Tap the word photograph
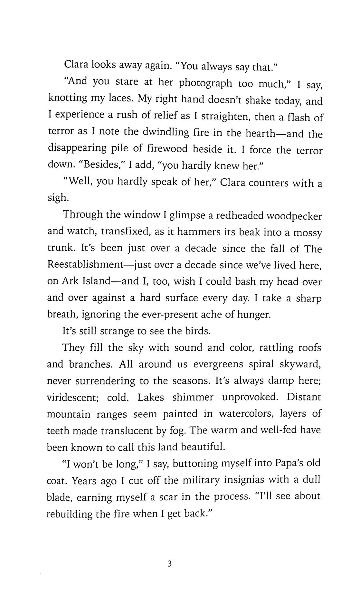point(205,84)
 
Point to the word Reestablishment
point(86,265)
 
